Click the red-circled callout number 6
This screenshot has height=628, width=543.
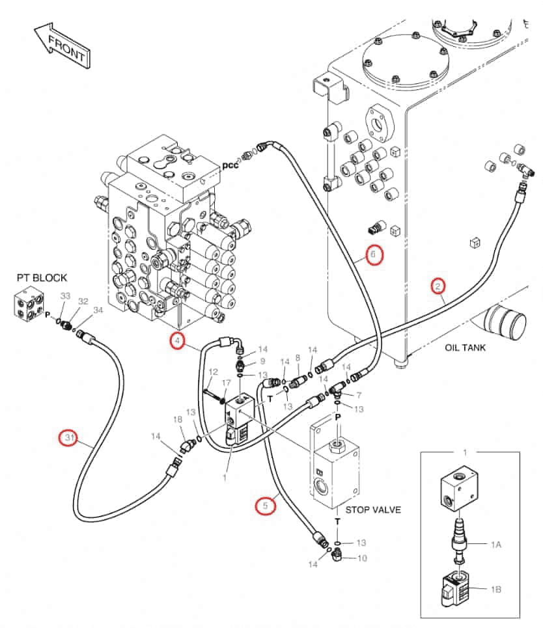374,254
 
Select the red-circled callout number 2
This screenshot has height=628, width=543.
438,286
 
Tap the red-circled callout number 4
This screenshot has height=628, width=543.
177,341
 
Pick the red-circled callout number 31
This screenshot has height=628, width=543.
69,437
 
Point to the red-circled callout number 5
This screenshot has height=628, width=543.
265,506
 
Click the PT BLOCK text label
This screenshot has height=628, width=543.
42,277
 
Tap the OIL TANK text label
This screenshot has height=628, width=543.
465,348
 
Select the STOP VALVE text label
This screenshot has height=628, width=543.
373,510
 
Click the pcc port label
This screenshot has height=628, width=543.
230,165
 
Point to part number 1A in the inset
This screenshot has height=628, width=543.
495,544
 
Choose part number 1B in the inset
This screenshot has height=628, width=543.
495,589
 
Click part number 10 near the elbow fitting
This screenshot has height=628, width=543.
362,558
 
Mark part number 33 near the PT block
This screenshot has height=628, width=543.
65,295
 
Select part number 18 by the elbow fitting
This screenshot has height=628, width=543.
178,419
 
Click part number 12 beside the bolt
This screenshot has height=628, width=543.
213,372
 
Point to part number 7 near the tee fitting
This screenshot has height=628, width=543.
359,395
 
